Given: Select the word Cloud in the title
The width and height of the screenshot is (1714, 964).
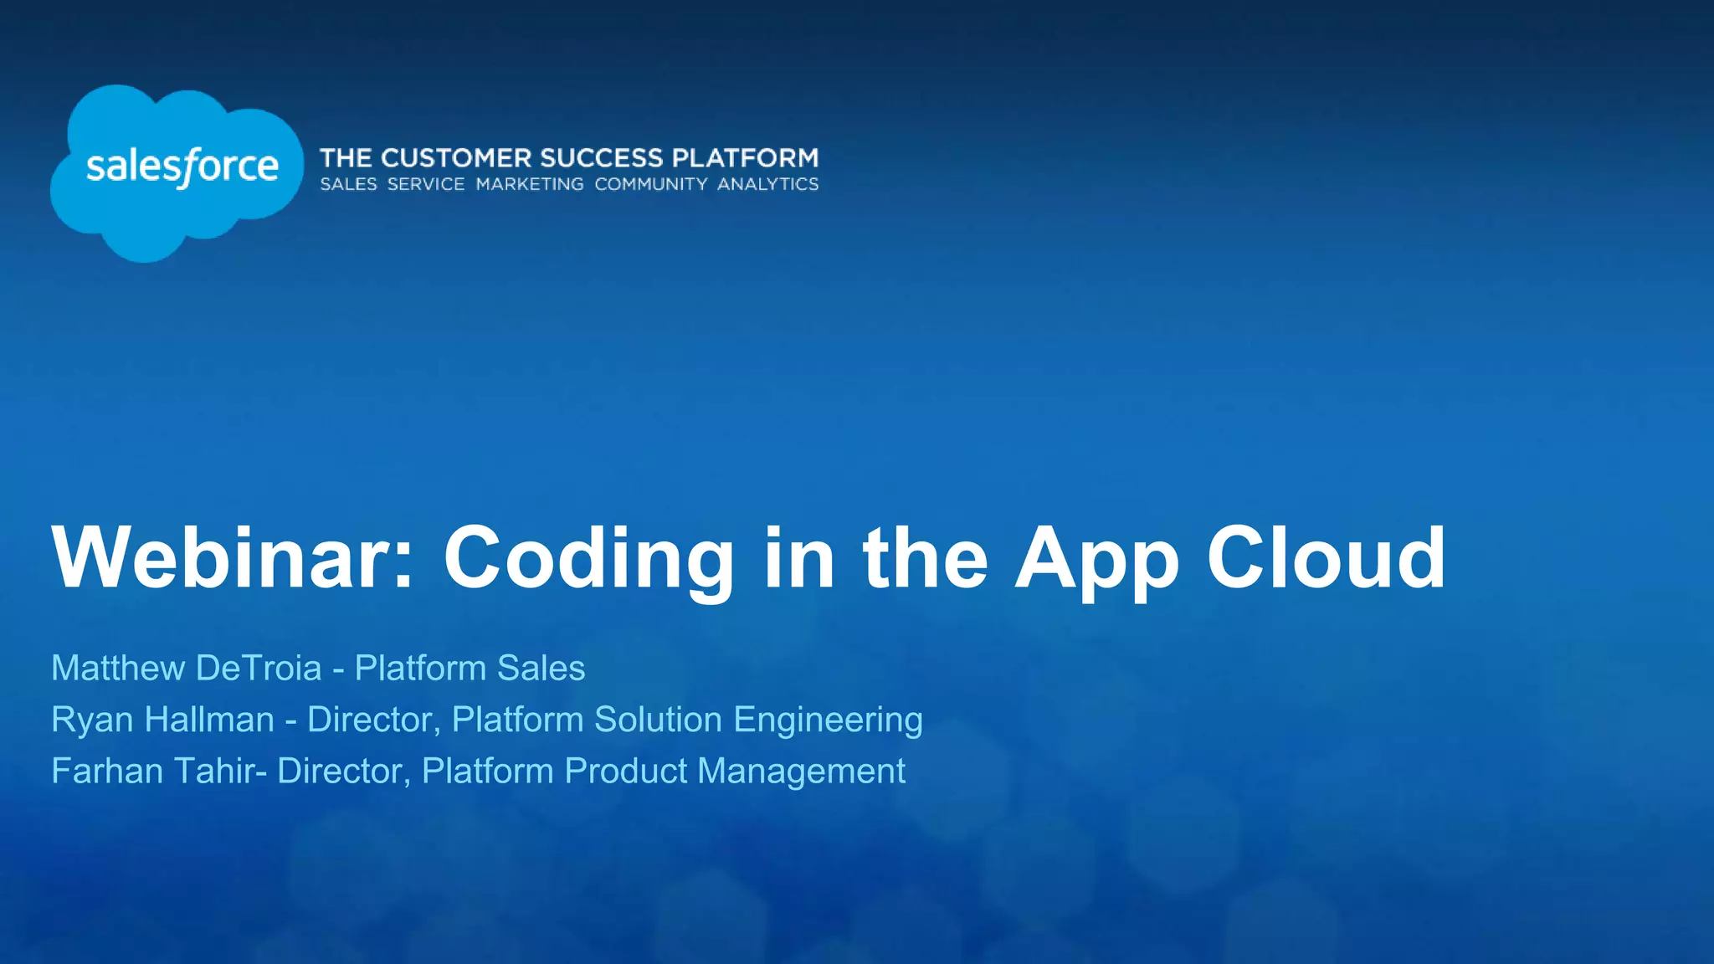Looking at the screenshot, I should pos(1326,557).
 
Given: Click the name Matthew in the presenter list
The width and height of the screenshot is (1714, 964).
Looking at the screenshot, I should pos(118,668).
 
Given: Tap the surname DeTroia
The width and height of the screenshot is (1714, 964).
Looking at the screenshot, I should pos(259,668).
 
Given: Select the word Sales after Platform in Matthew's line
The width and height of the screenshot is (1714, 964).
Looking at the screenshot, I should pos(541,668).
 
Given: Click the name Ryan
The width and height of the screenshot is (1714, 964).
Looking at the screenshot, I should pos(91,720).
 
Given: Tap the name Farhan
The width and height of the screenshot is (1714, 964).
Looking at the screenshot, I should pos(107,771).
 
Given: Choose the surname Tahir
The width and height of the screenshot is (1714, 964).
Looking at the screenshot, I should pos(215,771).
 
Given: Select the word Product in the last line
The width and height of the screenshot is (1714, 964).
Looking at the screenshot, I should pos(625,771).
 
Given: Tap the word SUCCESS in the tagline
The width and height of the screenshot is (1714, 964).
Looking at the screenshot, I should pos(602,158).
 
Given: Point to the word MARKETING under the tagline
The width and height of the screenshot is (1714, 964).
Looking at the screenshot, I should pos(530,184).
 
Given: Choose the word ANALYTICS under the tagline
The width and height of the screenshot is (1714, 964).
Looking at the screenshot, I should pos(767,184).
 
